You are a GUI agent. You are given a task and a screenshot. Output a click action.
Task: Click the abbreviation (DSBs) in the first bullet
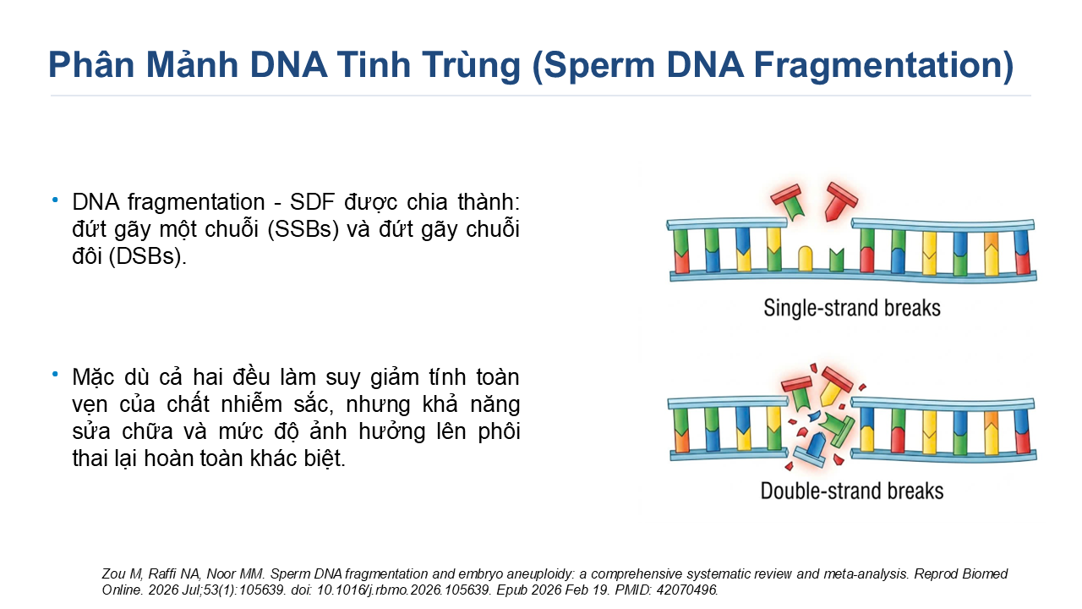[147, 256]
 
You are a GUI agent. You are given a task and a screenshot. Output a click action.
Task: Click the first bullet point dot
[55, 199]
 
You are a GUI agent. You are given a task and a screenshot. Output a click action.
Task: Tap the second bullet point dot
[55, 374]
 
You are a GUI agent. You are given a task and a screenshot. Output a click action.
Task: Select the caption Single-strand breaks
[852, 308]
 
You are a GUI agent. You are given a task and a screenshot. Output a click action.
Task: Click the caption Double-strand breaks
[852, 491]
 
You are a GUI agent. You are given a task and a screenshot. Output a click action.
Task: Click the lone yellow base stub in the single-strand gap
[806, 259]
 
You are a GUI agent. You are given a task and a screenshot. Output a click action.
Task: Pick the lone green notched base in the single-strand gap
[836, 260]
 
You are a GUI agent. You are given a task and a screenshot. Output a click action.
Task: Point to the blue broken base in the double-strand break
[817, 445]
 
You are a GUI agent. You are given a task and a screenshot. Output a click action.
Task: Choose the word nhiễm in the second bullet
[251, 404]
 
